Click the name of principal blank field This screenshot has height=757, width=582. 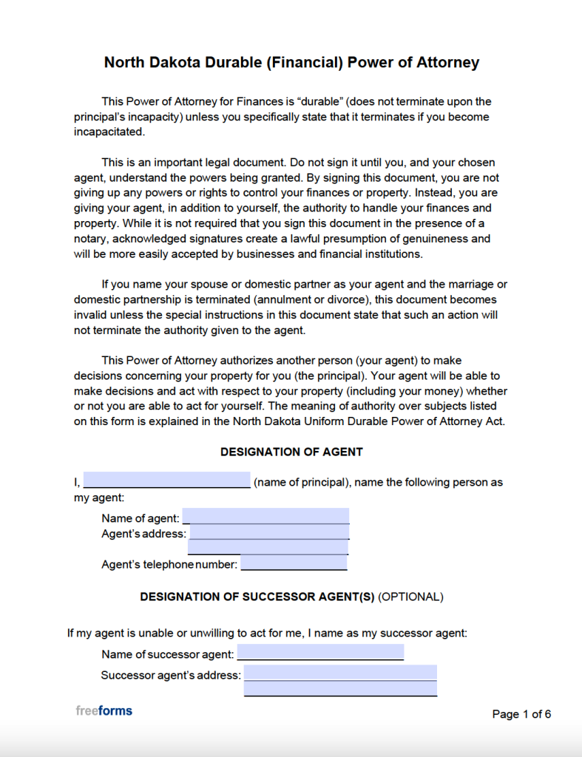click(x=166, y=481)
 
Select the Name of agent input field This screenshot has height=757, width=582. click(x=266, y=517)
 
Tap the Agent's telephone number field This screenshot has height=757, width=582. click(x=294, y=563)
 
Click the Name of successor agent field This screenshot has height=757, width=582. click(x=320, y=653)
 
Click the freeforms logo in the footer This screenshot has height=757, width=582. click(x=104, y=711)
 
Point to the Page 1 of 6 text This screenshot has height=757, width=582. click(x=521, y=714)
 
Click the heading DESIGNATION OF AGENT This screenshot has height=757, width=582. click(x=291, y=452)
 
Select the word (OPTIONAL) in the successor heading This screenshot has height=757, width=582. click(x=410, y=597)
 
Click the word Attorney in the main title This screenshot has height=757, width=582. click(x=445, y=63)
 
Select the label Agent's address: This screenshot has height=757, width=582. click(x=143, y=534)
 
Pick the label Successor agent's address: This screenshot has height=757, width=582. click(x=170, y=675)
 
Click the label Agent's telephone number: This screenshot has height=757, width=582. click(x=169, y=565)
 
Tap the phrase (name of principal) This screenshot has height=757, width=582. click(x=302, y=482)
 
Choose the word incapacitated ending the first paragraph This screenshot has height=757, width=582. click(x=109, y=132)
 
